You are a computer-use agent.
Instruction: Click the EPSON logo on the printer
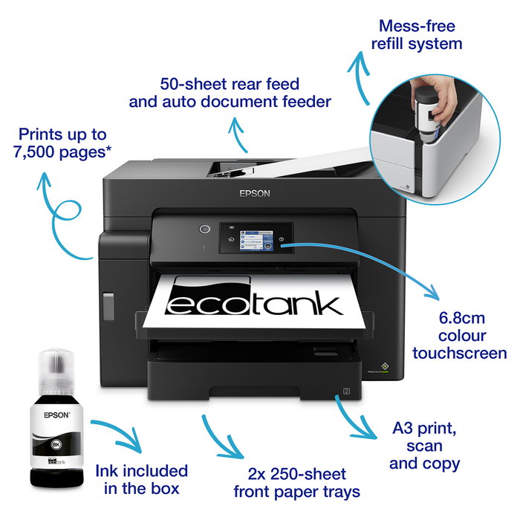[x=255, y=193]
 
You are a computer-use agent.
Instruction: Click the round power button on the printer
[x=205, y=229]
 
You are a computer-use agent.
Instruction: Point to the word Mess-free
[x=416, y=25]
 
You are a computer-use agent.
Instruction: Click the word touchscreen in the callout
[x=460, y=354]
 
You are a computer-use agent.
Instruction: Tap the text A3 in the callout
[x=405, y=429]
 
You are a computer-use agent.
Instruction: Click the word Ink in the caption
[x=110, y=471]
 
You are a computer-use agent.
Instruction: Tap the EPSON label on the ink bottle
[x=56, y=417]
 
